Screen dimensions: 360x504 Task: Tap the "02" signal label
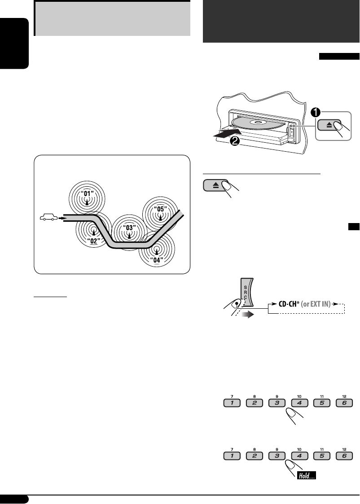point(93,241)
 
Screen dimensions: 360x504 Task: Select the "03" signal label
point(130,228)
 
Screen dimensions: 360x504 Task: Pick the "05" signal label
point(159,209)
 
